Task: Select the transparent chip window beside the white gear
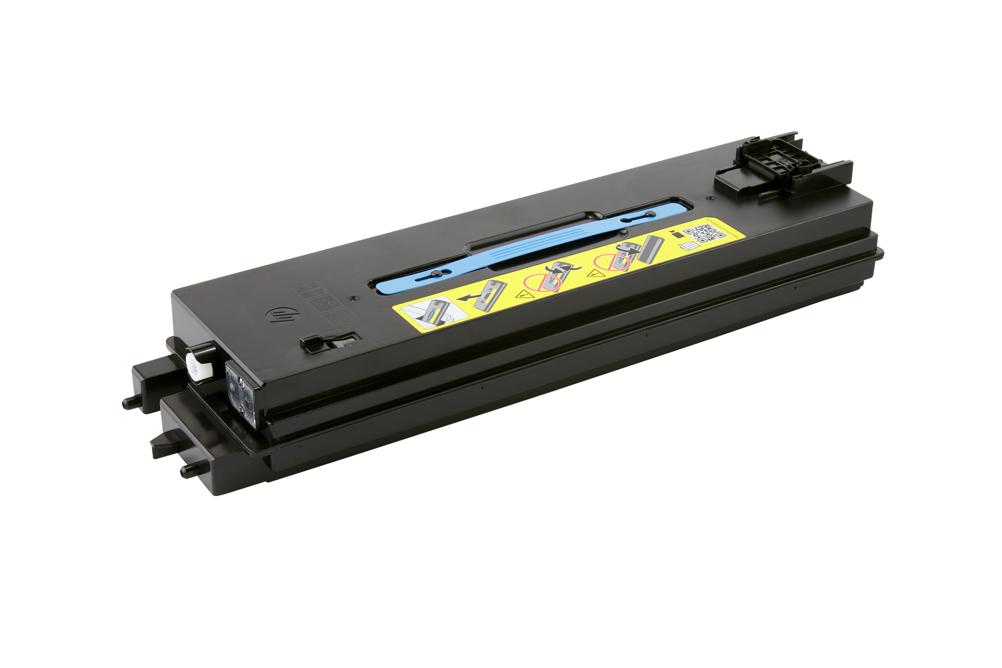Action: click(x=241, y=381)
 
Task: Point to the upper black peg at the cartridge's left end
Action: click(x=128, y=402)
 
